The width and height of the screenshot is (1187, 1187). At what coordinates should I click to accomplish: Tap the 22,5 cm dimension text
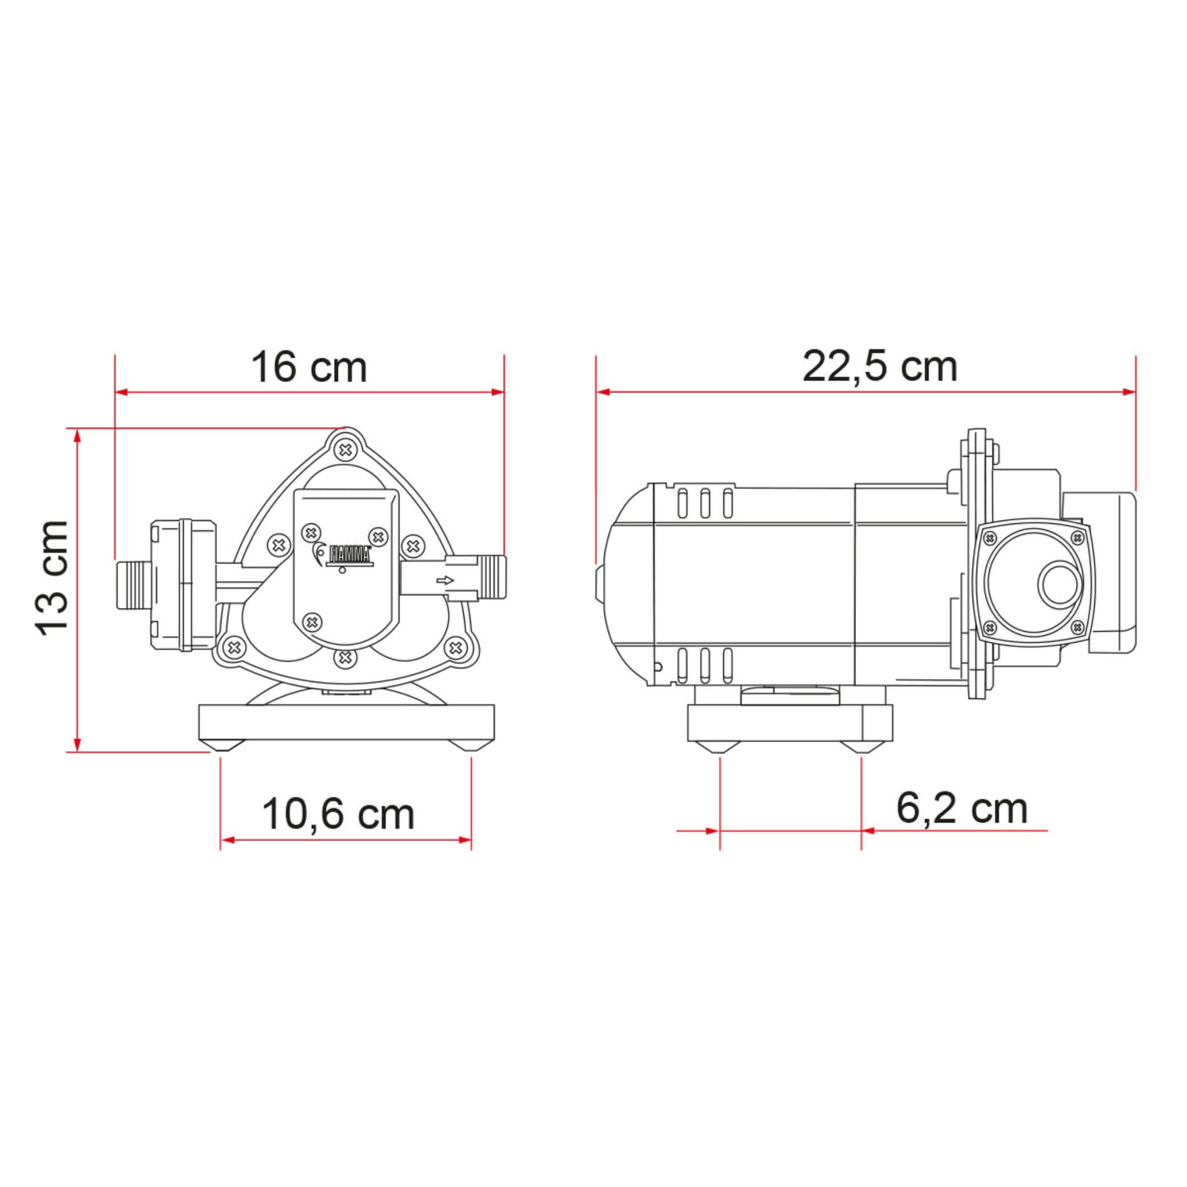click(x=879, y=368)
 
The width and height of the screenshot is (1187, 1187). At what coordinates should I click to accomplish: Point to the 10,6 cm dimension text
click(x=338, y=815)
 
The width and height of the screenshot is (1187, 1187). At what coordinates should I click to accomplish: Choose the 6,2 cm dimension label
click(x=962, y=809)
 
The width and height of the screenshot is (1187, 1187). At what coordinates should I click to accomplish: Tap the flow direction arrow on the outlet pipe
click(x=444, y=580)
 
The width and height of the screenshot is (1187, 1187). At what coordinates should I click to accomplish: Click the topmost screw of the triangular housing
click(x=346, y=450)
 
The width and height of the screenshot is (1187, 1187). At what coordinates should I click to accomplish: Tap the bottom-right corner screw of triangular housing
click(x=455, y=646)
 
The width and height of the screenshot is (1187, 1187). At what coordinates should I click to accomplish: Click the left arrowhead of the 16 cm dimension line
click(x=122, y=392)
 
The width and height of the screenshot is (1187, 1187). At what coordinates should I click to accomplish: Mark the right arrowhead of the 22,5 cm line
click(x=1128, y=392)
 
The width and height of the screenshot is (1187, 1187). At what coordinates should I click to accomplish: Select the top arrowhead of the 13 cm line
click(x=77, y=435)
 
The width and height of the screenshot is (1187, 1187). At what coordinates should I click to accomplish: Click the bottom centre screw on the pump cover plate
click(x=313, y=622)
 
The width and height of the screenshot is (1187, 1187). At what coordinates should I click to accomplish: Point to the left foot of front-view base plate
click(x=221, y=746)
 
